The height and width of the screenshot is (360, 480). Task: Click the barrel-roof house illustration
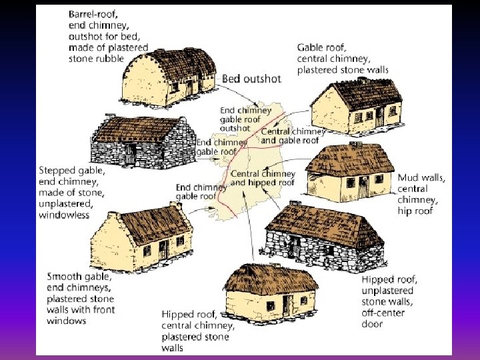169,73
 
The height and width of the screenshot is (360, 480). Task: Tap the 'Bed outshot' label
251,79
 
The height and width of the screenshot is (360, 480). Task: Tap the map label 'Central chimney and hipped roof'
262,178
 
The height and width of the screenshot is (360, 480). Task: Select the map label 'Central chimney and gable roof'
293,135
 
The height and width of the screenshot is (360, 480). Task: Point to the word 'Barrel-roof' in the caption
91,13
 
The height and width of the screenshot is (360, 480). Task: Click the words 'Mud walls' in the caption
421,178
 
